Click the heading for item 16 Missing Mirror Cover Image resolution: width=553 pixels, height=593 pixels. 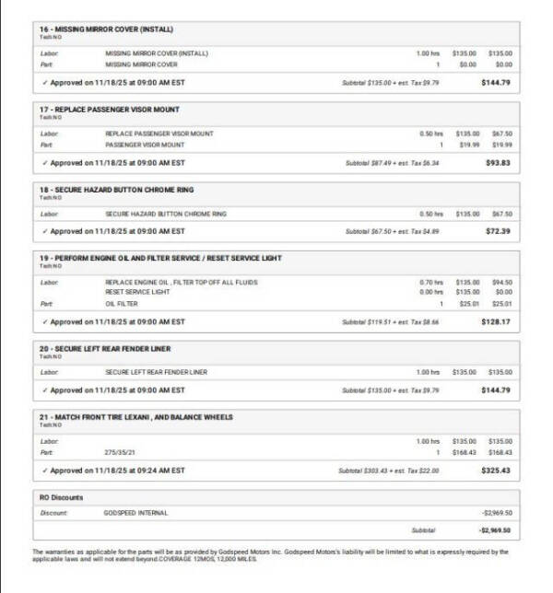point(107,29)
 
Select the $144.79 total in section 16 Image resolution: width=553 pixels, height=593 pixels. point(496,83)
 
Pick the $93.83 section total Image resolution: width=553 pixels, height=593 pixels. point(498,163)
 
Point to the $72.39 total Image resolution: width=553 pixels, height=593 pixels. point(498,231)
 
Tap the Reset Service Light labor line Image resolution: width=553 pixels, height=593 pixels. point(135,291)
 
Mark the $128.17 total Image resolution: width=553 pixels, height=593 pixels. point(496,322)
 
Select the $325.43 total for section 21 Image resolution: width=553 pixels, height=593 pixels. point(496,471)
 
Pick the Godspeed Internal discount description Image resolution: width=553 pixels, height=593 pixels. point(136,512)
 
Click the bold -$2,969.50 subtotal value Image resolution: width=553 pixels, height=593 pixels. point(495,531)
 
